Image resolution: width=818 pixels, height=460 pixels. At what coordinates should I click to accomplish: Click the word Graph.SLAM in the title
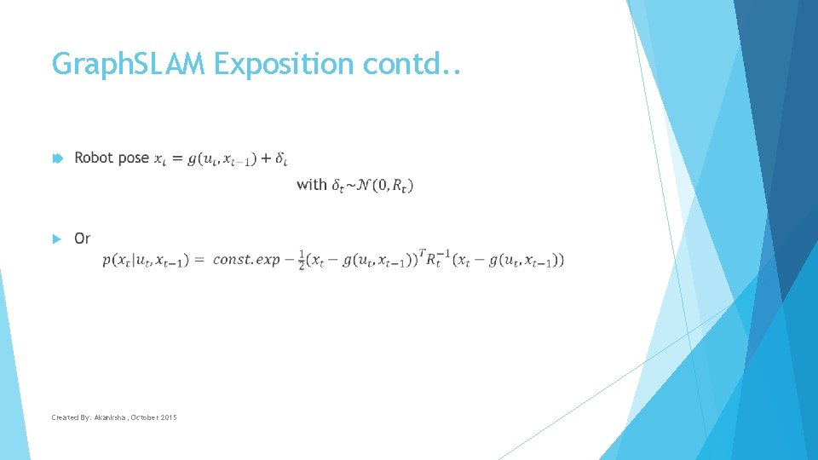(128, 64)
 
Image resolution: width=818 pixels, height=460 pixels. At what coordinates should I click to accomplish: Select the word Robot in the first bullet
(94, 158)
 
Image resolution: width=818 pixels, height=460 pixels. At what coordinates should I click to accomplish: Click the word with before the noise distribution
(311, 184)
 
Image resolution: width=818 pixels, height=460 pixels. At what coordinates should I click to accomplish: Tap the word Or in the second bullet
(83, 238)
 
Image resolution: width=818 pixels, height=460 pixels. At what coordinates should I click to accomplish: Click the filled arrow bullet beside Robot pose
(56, 158)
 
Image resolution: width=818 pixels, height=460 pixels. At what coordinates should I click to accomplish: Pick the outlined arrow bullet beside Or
(56, 239)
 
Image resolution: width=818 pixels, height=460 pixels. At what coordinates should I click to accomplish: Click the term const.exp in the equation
(246, 259)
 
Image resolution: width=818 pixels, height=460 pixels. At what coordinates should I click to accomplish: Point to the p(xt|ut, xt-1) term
(147, 260)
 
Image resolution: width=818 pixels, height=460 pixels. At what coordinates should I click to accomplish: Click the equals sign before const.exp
(199, 260)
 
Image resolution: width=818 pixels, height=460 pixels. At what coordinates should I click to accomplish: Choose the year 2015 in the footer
(167, 417)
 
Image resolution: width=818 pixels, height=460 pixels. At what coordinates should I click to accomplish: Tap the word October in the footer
(143, 417)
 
